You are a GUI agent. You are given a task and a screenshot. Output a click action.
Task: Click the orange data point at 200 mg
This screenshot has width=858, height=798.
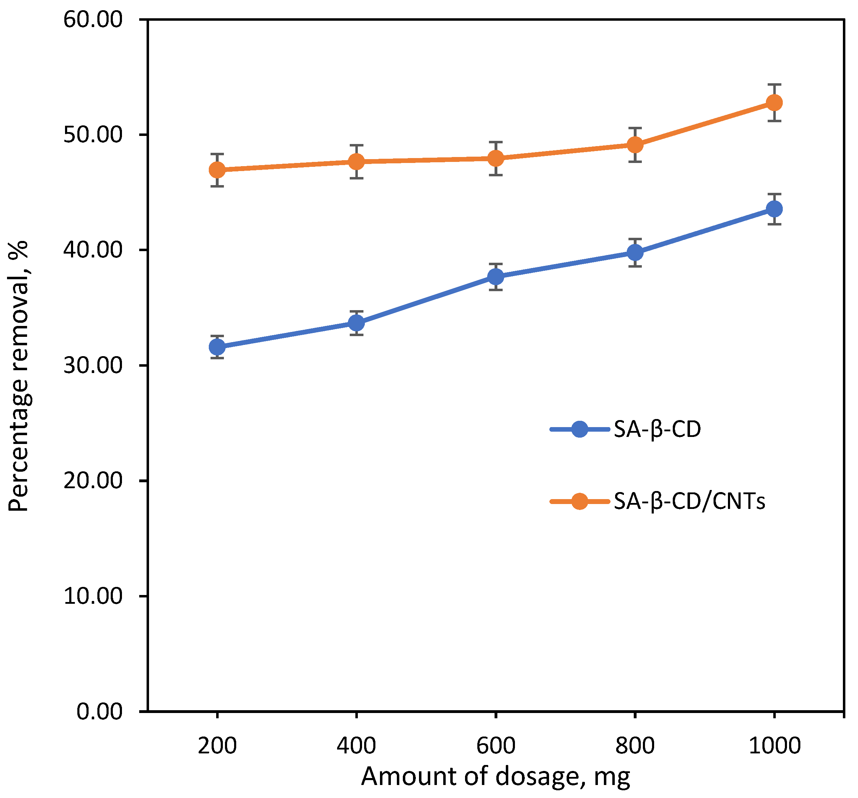217,170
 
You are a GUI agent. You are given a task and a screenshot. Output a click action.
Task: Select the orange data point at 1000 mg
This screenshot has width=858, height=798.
774,103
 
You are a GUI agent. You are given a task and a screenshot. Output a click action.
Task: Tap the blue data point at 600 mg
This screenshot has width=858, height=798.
496,276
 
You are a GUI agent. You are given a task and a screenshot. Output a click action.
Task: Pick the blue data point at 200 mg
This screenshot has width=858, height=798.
217,347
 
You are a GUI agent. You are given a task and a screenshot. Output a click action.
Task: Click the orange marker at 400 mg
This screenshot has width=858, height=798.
356,162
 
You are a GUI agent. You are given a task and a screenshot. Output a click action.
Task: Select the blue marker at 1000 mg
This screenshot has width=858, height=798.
774,209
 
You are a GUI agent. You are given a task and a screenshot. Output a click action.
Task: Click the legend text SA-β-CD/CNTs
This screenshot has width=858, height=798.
689,501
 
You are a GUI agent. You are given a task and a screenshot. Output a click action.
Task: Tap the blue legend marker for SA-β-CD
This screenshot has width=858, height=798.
579,429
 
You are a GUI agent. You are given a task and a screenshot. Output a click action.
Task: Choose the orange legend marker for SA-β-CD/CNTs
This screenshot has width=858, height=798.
579,501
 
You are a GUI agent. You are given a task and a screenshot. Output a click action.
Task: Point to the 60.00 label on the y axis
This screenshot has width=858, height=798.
93,20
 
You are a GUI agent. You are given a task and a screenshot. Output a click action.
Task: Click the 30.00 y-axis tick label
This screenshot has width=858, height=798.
93,366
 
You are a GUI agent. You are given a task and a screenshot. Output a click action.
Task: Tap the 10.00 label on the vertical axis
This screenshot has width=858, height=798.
93,596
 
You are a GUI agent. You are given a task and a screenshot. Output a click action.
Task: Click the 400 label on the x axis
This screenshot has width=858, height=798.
356,745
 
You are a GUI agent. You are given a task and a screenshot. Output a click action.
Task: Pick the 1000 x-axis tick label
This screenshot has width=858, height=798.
774,745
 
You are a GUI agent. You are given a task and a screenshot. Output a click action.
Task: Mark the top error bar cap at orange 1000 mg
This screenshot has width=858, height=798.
774,85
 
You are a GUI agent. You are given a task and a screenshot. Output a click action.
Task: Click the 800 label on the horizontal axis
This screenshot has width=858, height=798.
635,745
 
